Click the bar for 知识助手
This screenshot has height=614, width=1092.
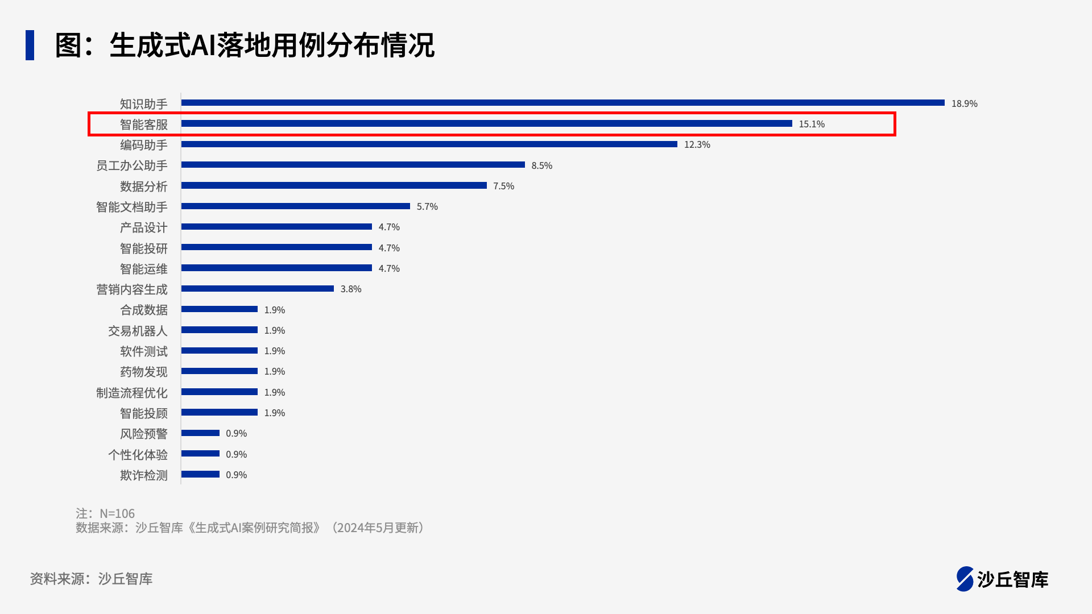pos(562,103)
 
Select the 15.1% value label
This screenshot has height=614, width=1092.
pos(812,124)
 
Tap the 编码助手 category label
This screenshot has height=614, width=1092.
pos(143,145)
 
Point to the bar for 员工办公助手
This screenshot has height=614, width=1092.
pos(353,165)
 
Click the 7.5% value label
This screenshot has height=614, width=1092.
pos(503,186)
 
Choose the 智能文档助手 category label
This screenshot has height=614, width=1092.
pos(131,207)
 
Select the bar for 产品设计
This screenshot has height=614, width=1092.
pos(276,227)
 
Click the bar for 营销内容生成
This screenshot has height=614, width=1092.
pos(257,289)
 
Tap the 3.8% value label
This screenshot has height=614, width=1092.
pos(351,289)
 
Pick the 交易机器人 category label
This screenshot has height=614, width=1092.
pos(138,331)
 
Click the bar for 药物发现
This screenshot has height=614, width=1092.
pos(219,371)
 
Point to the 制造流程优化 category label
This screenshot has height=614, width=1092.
pos(131,393)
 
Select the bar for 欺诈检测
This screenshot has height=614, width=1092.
pos(200,474)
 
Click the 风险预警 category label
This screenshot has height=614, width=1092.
pos(143,434)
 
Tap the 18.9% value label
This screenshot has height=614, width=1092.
pos(964,103)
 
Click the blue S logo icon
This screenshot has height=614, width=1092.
pos(965,579)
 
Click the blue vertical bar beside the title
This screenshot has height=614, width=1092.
pos(30,45)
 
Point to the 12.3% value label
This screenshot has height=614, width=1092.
pos(697,144)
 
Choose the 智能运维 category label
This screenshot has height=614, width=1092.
pos(143,269)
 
